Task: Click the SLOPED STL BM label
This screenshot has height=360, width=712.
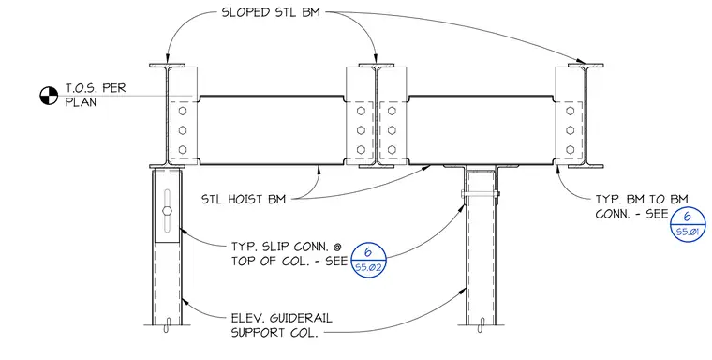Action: point(271,12)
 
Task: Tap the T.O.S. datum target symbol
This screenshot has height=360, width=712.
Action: point(49,96)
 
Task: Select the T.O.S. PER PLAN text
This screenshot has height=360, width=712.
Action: point(95,95)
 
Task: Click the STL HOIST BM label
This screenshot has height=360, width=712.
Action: point(244,199)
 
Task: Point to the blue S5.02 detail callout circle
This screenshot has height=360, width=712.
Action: point(368,260)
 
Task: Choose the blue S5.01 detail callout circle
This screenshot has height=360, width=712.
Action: point(688,224)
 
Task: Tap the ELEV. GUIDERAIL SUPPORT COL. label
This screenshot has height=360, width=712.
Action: point(282,325)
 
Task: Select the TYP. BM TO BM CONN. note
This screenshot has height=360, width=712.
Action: point(641,206)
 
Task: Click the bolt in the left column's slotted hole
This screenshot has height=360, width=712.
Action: point(167,210)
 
